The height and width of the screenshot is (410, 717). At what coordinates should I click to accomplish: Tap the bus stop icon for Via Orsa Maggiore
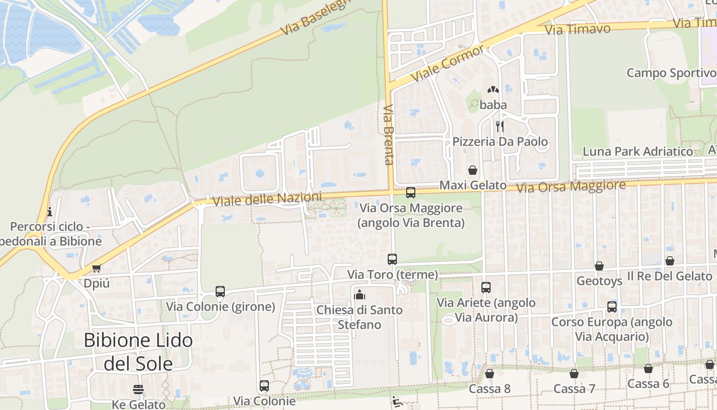(410, 193)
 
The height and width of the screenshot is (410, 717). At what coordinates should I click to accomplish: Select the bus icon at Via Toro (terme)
(392, 259)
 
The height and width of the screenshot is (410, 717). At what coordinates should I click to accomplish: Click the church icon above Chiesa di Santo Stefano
(360, 295)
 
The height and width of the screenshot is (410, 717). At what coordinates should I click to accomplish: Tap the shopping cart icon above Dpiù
(96, 268)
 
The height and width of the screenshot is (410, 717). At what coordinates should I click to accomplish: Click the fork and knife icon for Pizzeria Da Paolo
(500, 126)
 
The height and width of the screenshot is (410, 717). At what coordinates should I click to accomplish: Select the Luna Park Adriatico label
(638, 152)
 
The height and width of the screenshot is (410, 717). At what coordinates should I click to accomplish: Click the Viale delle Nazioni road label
(267, 199)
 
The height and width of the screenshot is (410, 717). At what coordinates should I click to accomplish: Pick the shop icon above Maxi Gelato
(473, 170)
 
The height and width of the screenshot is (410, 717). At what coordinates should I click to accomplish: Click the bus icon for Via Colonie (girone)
(220, 292)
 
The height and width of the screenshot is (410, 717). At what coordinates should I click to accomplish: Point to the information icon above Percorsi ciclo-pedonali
(50, 212)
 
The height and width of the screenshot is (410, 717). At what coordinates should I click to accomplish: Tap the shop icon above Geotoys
(599, 266)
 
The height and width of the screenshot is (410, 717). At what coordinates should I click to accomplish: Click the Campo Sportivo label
(671, 73)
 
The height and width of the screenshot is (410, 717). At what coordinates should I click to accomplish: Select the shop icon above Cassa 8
(490, 374)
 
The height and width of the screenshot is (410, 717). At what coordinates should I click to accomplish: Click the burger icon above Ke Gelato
(138, 389)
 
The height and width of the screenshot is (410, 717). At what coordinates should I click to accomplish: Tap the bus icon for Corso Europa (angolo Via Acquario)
(612, 307)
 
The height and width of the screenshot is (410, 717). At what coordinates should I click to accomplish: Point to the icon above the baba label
(493, 90)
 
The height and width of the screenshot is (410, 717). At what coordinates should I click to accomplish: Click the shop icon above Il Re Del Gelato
(669, 261)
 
